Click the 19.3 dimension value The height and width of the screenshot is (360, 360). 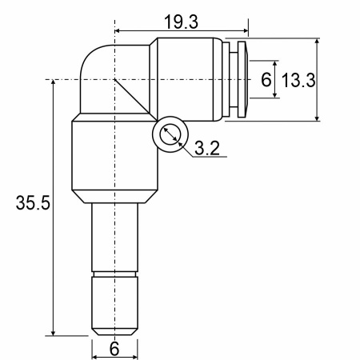[182, 22]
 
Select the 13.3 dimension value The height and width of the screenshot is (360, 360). [298, 80]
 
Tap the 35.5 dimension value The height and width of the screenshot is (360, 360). [33, 202]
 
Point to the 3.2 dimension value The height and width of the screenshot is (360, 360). [207, 148]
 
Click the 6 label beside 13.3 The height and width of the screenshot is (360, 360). [266, 79]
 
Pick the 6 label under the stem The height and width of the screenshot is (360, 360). [114, 349]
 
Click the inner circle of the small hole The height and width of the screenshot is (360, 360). [170, 134]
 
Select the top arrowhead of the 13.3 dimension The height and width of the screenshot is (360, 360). [317, 42]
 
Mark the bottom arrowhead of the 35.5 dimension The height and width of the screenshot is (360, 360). [53, 332]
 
